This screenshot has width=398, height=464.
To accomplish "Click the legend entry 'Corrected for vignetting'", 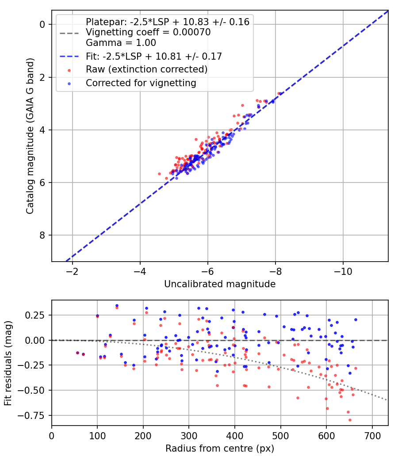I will [141, 83].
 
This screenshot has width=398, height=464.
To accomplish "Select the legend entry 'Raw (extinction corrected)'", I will [146, 69].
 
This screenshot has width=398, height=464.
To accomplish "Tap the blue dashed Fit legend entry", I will [153, 56].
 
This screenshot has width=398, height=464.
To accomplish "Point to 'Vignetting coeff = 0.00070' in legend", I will [148, 32].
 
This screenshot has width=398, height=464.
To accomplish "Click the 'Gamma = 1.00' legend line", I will [121, 43].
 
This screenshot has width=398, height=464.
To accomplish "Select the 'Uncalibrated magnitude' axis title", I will [220, 284].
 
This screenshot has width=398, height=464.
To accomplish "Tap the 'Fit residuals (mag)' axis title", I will [8, 363].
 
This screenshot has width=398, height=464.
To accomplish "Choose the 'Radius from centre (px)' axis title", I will [220, 449].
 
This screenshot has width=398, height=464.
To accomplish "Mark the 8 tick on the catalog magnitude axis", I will [42, 235].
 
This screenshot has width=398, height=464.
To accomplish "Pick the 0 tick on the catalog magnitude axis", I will [42, 24].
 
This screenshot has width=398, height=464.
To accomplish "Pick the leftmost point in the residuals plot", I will [77, 353].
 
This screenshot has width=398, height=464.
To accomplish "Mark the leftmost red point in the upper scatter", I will [160, 174].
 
